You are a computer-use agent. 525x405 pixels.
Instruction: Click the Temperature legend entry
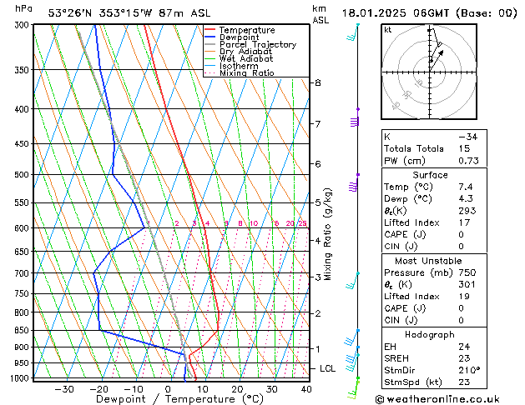(248, 30)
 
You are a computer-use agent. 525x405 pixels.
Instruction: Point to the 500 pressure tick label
(21, 175)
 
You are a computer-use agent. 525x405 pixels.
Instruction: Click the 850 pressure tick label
(21, 331)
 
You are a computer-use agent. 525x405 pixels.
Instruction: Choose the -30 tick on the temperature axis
(64, 389)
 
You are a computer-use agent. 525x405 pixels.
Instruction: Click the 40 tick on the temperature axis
(306, 389)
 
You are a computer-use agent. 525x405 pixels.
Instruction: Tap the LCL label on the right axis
(329, 368)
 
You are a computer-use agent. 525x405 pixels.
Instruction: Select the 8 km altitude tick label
(318, 82)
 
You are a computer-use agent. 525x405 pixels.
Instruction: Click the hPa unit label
(24, 8)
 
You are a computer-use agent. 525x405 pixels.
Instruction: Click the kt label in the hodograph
(388, 29)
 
